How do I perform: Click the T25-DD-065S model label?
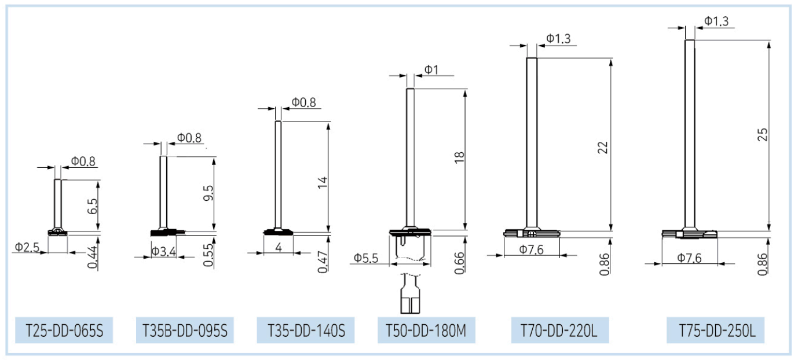pyautogui.click(x=64, y=330)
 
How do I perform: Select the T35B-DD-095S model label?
pyautogui.click(x=185, y=330)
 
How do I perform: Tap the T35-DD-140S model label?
pyautogui.click(x=306, y=330)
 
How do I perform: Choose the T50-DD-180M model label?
pyautogui.click(x=426, y=330)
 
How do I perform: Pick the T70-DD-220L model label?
pyautogui.click(x=559, y=330)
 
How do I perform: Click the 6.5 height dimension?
pyautogui.click(x=92, y=206)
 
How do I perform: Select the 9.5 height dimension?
pyautogui.click(x=208, y=193)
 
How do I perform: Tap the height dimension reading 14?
pyautogui.click(x=323, y=182)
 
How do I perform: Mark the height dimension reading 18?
pyautogui.click(x=460, y=157)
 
